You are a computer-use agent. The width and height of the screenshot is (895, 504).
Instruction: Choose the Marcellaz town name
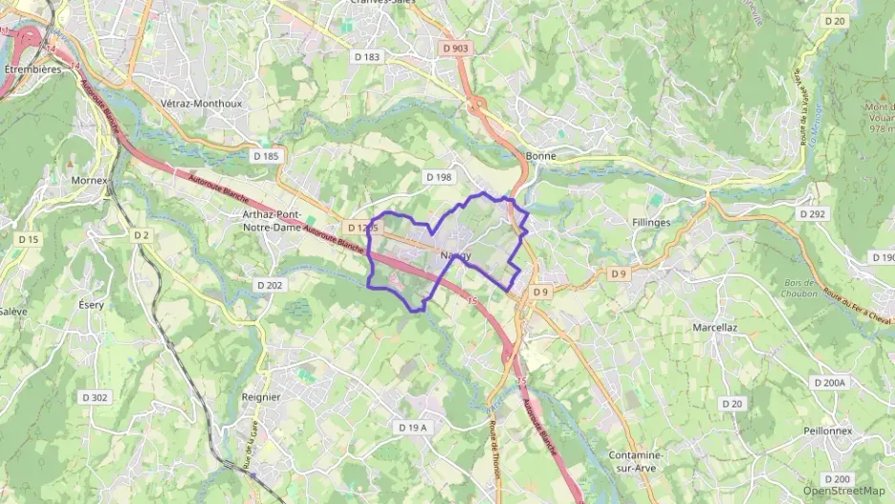click(714, 327)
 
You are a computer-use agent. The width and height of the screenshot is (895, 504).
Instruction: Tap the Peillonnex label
click(828, 430)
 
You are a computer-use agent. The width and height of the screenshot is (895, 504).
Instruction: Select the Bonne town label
click(541, 155)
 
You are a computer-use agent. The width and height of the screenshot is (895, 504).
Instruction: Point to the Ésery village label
click(92, 304)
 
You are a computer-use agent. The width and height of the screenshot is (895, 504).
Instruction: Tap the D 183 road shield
click(366, 57)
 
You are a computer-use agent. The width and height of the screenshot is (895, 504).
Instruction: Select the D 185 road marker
click(267, 155)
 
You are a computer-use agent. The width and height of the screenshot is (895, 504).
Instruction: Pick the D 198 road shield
click(437, 177)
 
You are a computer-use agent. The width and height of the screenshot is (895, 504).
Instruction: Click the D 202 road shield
click(270, 285)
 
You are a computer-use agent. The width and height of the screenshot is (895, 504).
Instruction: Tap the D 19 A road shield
click(412, 427)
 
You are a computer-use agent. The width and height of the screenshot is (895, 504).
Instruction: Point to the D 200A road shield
click(829, 383)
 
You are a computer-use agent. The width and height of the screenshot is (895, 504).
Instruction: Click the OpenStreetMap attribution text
click(844, 491)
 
